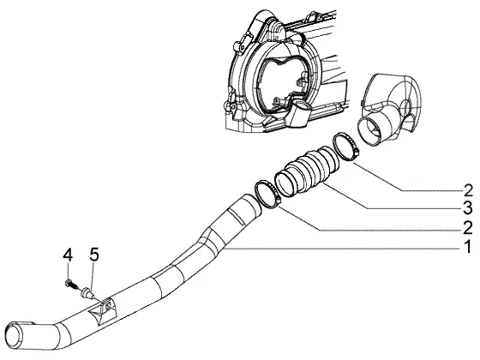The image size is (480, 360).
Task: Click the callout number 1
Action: coord(467,247)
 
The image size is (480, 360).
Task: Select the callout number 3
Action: coord(467,208)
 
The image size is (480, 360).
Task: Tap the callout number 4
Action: coord(68,255)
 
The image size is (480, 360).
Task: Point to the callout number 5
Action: coord(94,255)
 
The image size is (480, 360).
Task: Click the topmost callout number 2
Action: coord(468,190)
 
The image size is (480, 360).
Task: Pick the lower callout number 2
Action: coord(468,228)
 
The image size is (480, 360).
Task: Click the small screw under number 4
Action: coord(70,285)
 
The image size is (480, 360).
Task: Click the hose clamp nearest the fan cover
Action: coord(346,146)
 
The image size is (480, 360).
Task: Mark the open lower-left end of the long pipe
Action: coord(14,336)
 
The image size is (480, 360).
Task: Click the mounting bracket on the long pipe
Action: coord(103,309)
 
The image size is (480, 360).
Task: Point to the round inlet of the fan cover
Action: coord(369,132)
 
